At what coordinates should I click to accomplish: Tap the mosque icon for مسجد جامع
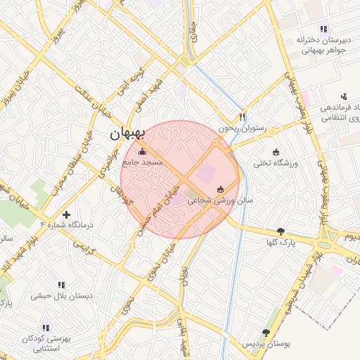[143, 150]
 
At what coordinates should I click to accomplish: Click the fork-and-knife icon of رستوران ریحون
[243, 117]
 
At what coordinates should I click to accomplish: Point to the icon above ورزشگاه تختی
[276, 152]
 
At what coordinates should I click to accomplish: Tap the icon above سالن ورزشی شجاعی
[221, 188]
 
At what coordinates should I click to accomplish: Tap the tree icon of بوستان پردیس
[266, 333]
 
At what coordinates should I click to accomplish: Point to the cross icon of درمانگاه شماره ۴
[67, 214]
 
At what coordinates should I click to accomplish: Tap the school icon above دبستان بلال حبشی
[62, 285]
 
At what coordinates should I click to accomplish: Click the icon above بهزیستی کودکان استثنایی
[46, 328]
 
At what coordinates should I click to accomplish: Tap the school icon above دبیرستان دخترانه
[323, 29]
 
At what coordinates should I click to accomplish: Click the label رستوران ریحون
[241, 129]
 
